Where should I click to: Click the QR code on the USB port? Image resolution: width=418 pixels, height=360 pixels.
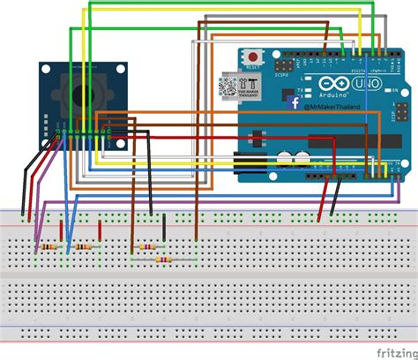pyautogui.click(x=228, y=86)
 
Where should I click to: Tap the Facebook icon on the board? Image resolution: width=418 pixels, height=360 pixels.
pyautogui.click(x=296, y=102)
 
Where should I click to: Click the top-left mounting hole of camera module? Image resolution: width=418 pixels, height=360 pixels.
pyautogui.click(x=44, y=68)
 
